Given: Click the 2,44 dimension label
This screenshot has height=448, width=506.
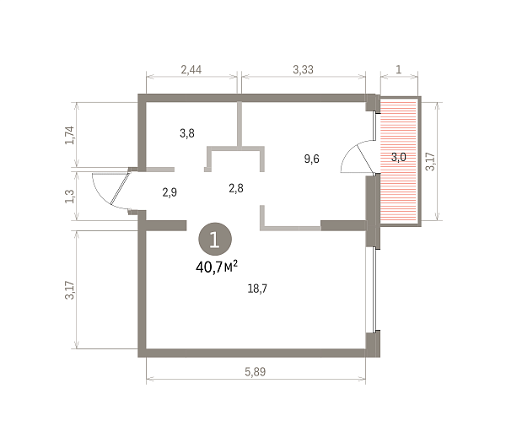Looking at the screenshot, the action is coord(191,70).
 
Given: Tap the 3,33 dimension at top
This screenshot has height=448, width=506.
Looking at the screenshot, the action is coord(303,70).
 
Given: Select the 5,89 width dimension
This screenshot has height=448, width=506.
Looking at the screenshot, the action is coord(256,372).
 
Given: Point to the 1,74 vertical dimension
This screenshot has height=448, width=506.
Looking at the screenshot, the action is coord(70,135).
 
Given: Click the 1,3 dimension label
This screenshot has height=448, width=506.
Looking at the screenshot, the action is coord(70,197).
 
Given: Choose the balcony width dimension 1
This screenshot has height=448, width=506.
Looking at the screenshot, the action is coord(399,69).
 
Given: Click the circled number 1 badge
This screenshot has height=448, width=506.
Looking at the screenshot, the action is coord(215,239).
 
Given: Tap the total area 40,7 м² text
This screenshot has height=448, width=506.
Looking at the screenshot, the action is coord(217,267).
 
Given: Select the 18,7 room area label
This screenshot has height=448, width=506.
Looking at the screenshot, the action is coord(257,289).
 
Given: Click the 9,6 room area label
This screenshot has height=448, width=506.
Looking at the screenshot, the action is coord(312,159).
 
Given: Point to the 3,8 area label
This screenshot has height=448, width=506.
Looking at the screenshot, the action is coord(187,133).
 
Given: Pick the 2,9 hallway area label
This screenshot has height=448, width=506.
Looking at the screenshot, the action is coord(170,192).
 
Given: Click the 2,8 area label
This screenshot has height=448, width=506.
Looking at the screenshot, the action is coord(236,188).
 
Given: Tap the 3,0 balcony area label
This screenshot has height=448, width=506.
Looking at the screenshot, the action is coord(399,157).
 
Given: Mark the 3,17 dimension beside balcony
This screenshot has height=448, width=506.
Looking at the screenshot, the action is coord(430,161).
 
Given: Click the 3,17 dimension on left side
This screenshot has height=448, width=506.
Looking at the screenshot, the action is coord(70,290).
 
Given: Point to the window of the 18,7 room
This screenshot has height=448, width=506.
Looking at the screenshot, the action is coord(374,289).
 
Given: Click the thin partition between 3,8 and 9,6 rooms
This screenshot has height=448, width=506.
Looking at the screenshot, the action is coord(240,124).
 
